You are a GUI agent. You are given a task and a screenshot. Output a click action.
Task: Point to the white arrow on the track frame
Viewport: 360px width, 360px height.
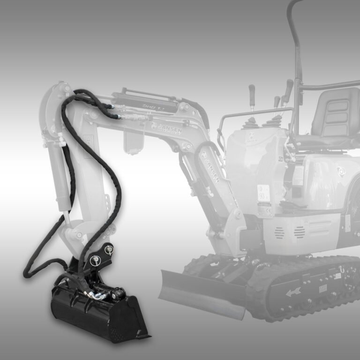[x=293, y=292]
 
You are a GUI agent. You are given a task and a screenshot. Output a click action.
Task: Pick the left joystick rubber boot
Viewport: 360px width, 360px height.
[x=252, y=124]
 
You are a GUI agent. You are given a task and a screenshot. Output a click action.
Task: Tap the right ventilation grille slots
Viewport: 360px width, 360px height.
[x=299, y=231]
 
